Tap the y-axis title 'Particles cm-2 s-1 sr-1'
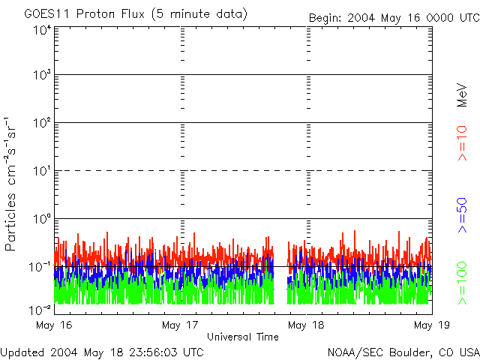point(12,184)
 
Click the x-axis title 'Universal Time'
point(242,337)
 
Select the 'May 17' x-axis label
point(180,325)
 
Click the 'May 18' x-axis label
point(306,325)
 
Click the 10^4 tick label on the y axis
point(41,31)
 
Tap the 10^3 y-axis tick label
point(41,75)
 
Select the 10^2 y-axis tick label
point(41,123)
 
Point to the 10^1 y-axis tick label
point(41,171)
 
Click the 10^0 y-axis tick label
point(41,219)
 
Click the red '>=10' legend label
point(463,142)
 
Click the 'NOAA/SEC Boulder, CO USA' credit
point(403,352)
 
